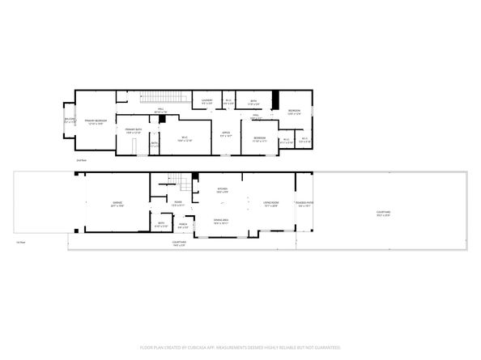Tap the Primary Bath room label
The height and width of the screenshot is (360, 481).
pyautogui.click(x=133, y=131)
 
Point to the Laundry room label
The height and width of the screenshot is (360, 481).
pyautogui.click(x=207, y=102)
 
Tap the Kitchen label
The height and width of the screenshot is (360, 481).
pyautogui.click(x=222, y=190)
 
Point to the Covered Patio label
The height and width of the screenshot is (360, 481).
pyautogui.click(x=305, y=204)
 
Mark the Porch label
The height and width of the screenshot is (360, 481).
pyautogui.click(x=183, y=226)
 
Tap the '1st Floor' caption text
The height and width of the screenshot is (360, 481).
pyautogui.click(x=21, y=242)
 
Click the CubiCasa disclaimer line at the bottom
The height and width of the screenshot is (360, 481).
pyautogui.click(x=240, y=347)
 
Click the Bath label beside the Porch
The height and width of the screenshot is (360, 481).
pyautogui.click(x=161, y=224)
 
